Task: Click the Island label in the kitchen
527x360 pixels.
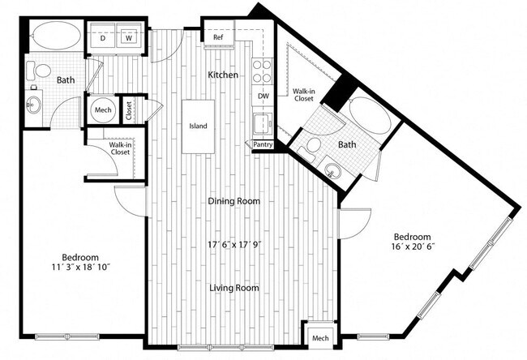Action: coord(198,126)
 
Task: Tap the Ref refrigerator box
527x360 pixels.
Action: coord(218,37)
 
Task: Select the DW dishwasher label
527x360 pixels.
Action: coord(261,95)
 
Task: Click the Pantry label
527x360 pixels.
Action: coord(263,144)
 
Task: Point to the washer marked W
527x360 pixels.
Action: coord(129,37)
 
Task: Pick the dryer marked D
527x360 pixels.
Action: coord(102,37)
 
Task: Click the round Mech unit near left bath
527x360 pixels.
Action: coord(102,111)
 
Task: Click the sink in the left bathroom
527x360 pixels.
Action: coord(34,105)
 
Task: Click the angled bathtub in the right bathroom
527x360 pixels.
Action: coord(366,118)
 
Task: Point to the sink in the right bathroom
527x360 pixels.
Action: coord(334,169)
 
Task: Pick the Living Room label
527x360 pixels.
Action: coord(234,288)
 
